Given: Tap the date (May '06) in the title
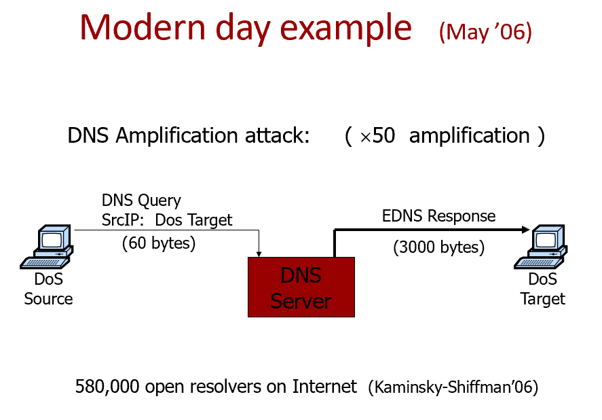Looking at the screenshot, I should (x=485, y=31).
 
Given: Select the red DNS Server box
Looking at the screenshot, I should (x=301, y=287).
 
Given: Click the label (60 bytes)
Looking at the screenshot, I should (x=159, y=243).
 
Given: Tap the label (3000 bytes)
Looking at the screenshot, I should (x=438, y=247).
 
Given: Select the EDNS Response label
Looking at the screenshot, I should (x=438, y=216).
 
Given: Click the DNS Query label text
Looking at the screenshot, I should (x=141, y=200).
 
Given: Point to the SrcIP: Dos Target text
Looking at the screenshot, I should (x=166, y=220).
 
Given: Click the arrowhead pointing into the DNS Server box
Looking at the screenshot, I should (x=259, y=253).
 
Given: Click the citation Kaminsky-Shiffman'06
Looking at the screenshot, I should (x=453, y=388).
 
